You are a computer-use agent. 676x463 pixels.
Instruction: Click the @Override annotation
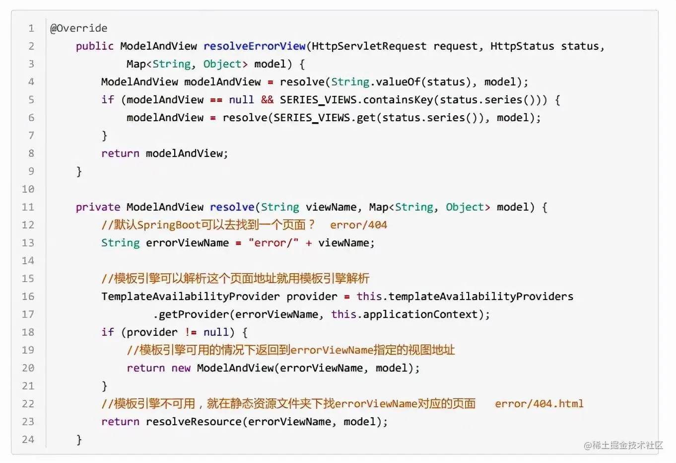79,28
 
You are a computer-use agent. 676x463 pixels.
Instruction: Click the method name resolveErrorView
255,46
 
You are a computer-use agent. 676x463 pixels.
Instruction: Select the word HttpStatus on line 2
522,46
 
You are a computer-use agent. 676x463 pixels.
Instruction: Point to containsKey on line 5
398,100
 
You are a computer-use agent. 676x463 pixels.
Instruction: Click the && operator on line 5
267,100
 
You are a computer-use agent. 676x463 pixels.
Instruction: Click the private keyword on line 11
98,207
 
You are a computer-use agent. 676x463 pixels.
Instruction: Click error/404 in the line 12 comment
358,225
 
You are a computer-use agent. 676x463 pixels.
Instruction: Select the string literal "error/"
273,243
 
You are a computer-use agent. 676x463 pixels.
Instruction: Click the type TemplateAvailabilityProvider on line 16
191,297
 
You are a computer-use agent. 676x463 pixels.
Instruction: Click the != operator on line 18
191,332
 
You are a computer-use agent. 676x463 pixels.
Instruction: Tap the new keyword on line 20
181,368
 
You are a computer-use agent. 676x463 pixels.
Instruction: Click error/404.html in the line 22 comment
539,404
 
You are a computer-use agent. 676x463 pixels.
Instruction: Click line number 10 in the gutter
28,189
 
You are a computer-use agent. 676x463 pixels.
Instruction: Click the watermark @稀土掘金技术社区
623,445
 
